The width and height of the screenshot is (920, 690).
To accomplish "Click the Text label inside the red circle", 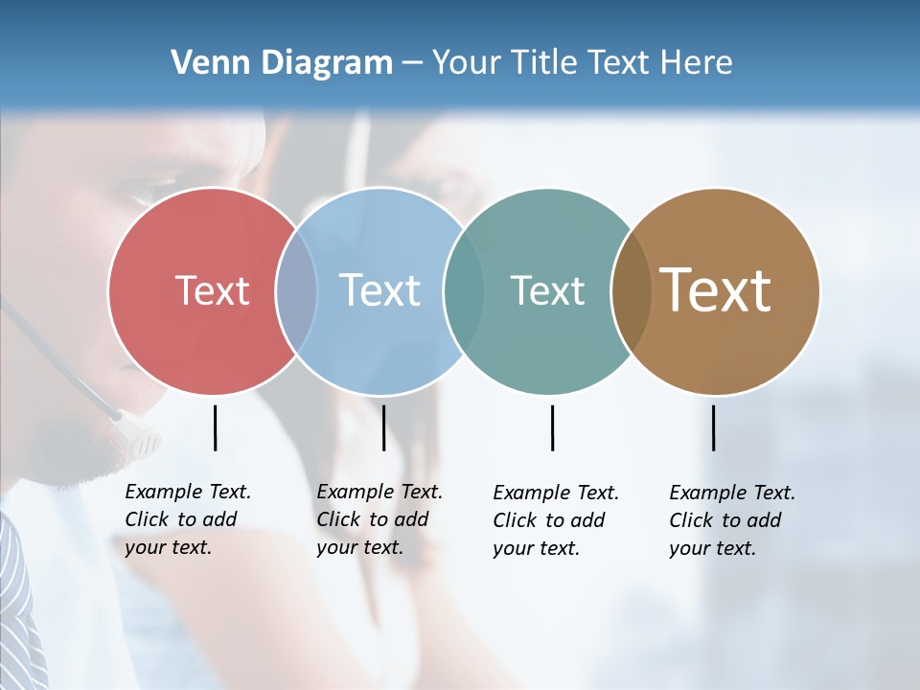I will [212, 290].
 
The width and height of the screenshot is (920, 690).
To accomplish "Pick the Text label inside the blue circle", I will [379, 290].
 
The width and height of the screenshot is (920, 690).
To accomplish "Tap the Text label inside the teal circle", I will [547, 290].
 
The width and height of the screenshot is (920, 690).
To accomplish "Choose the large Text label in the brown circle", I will [715, 290].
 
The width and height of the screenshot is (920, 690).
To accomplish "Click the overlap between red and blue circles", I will [296, 291].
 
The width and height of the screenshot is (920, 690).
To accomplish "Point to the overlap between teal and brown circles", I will [630, 291].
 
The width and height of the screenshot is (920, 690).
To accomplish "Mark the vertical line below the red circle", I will [215, 427].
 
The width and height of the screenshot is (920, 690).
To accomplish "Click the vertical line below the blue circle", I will [383, 427].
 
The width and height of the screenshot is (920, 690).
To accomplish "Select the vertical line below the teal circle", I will [552, 427].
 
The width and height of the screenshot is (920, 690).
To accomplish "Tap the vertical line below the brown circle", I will [713, 427].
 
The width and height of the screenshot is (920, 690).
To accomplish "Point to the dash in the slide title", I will [412, 64].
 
